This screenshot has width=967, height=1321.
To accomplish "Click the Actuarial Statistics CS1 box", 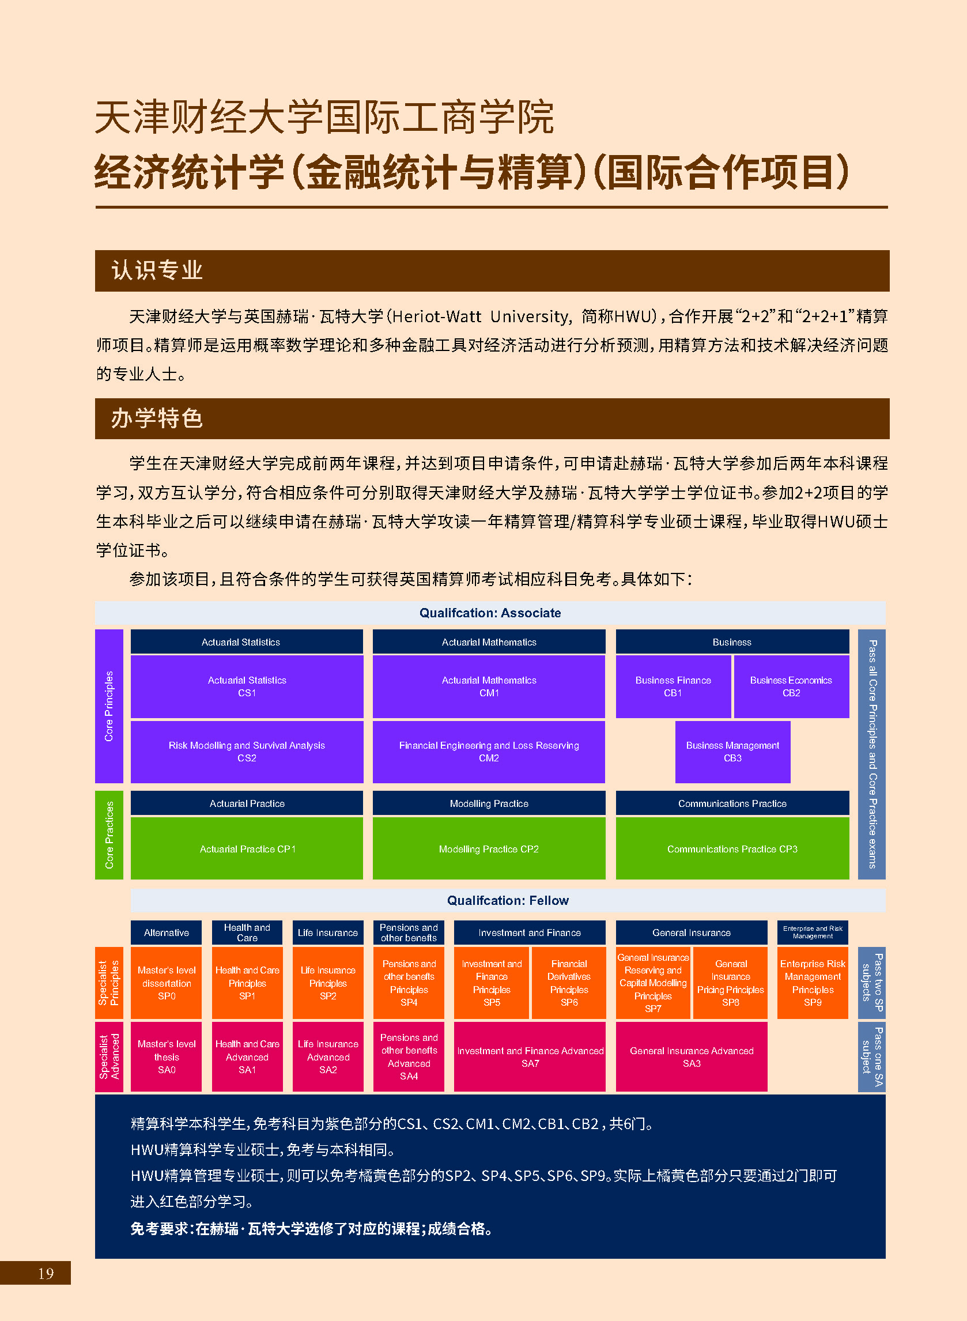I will pyautogui.click(x=247, y=686).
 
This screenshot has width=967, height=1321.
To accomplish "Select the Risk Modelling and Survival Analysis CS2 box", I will pyautogui.click(x=247, y=752).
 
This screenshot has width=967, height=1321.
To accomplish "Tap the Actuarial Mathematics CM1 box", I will pyautogui.click(x=489, y=686).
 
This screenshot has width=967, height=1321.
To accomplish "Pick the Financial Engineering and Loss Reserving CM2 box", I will pyautogui.click(x=489, y=752).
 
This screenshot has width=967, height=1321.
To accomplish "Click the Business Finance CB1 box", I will pyautogui.click(x=673, y=686).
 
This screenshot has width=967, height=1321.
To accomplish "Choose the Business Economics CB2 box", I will pyautogui.click(x=791, y=686).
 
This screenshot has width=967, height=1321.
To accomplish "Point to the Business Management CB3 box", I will pyautogui.click(x=732, y=752).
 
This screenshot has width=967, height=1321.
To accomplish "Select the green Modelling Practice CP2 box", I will pyautogui.click(x=489, y=848).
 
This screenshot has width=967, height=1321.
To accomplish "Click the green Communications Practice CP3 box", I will pyautogui.click(x=732, y=848).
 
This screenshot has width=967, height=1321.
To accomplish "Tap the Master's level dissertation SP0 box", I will pyautogui.click(x=166, y=983).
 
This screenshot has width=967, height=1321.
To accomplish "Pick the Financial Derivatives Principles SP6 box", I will pyautogui.click(x=569, y=983).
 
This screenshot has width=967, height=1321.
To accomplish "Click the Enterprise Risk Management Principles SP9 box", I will pyautogui.click(x=813, y=983).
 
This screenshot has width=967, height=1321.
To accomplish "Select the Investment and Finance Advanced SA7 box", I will pyautogui.click(x=530, y=1056).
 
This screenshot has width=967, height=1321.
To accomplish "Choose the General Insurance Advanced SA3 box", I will pyautogui.click(x=692, y=1056).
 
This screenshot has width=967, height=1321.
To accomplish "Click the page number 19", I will pyautogui.click(x=46, y=1273).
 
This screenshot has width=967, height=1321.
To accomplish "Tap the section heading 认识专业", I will pyautogui.click(x=157, y=270).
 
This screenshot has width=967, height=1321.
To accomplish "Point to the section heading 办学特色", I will pyautogui.click(x=157, y=418).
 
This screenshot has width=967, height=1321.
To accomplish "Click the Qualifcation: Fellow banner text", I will pyautogui.click(x=508, y=900).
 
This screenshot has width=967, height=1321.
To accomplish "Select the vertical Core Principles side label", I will pyautogui.click(x=109, y=706).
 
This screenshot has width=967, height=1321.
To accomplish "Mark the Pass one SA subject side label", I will pyautogui.click(x=871, y=1056).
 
